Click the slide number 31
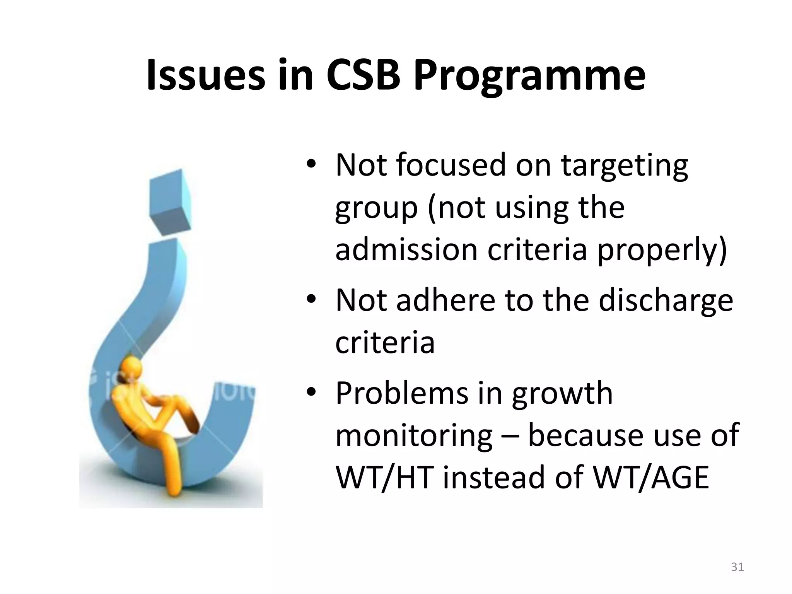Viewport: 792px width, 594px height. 737,567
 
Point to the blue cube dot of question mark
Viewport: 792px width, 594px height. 170,201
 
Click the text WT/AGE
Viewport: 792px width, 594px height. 650,478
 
